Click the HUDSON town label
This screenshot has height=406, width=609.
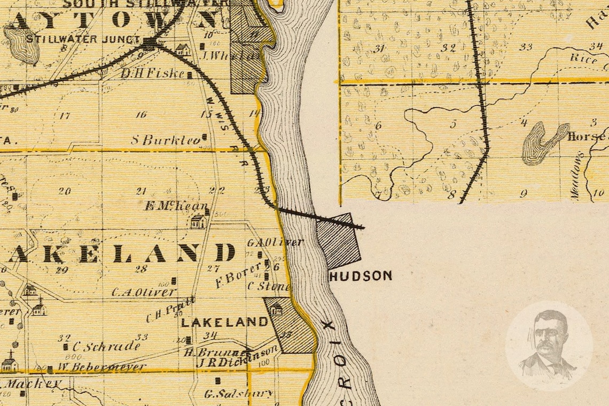click(361, 276)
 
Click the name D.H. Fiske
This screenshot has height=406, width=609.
click(153, 74)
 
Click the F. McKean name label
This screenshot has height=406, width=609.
click(176, 206)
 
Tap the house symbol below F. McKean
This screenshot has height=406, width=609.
click(198, 221)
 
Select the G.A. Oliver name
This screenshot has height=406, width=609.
click(275, 242)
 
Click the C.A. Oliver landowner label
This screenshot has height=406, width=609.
click(144, 292)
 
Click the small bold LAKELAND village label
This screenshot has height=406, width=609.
click(224, 322)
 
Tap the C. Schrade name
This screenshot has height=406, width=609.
click(106, 347)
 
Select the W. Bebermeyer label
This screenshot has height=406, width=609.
click(101, 367)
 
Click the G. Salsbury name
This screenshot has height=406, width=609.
click(239, 394)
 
